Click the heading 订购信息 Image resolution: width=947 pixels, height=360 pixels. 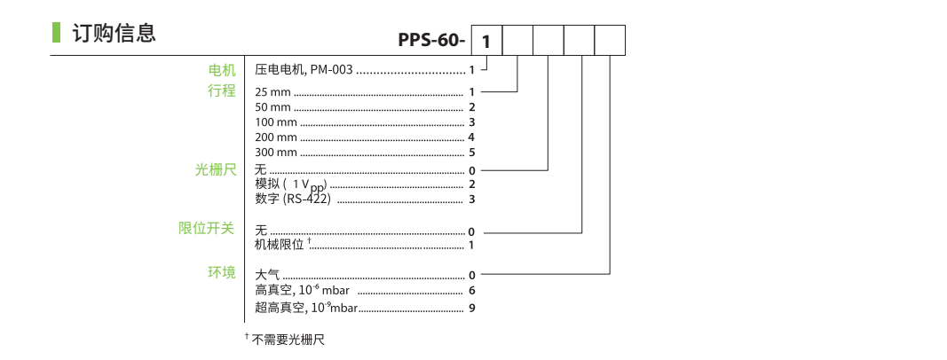click(x=114, y=34)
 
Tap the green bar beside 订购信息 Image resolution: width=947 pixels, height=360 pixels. click(x=56, y=34)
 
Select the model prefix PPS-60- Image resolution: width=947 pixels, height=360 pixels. click(x=431, y=42)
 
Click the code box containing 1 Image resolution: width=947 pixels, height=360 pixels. click(x=485, y=42)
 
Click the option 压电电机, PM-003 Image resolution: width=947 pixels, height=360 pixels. click(x=304, y=69)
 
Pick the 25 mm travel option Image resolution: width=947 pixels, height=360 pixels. click(x=273, y=92)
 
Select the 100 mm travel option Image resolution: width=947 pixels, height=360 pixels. click(x=276, y=122)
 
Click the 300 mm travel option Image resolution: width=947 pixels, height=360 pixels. click(x=276, y=153)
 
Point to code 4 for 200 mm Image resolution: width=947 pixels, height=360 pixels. click(x=472, y=137)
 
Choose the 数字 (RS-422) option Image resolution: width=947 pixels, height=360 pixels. click(x=293, y=199)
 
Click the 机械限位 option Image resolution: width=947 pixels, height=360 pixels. click(x=280, y=244)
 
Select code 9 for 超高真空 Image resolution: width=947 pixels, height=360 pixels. click(x=472, y=308)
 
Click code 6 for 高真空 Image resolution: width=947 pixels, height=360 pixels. click(x=472, y=290)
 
